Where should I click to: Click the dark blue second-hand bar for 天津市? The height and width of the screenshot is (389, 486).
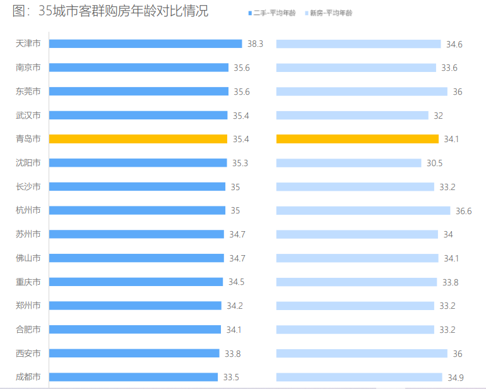coord(145,44)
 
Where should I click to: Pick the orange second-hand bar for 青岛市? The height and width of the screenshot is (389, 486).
coord(138,139)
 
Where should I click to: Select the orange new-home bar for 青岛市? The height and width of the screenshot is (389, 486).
coord(357,139)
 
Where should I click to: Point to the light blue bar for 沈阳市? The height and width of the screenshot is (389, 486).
coord(348,163)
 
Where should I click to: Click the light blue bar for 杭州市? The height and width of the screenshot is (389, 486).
coord(363,210)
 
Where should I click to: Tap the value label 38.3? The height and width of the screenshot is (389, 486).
coord(255,44)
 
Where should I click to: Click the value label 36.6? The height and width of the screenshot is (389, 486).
coord(464,211)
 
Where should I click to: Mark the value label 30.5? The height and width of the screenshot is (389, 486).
coord(434,163)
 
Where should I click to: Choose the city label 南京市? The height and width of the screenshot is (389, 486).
coord(28,68)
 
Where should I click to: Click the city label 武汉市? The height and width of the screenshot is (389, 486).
coord(28,115)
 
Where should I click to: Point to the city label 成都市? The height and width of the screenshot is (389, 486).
coord(28,377)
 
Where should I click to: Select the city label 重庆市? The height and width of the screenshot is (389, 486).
coord(28,282)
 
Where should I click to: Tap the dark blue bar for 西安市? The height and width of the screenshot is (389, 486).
coord(134,353)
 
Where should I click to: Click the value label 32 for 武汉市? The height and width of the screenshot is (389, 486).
coord(438,116)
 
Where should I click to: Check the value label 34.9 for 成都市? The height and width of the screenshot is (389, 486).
coord(455,378)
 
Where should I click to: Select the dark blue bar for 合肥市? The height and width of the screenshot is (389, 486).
coord(135,329)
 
